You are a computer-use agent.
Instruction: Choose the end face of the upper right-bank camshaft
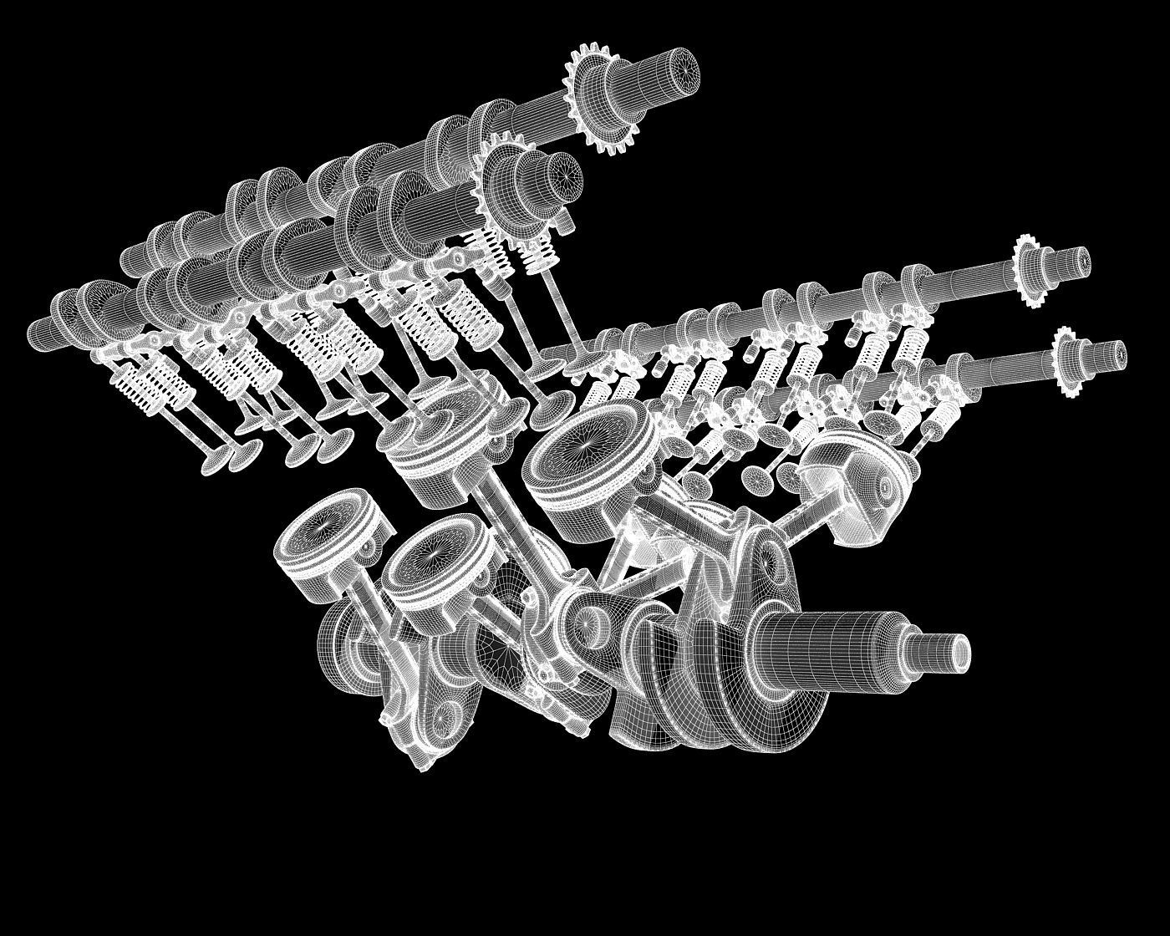pos(1081,260)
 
